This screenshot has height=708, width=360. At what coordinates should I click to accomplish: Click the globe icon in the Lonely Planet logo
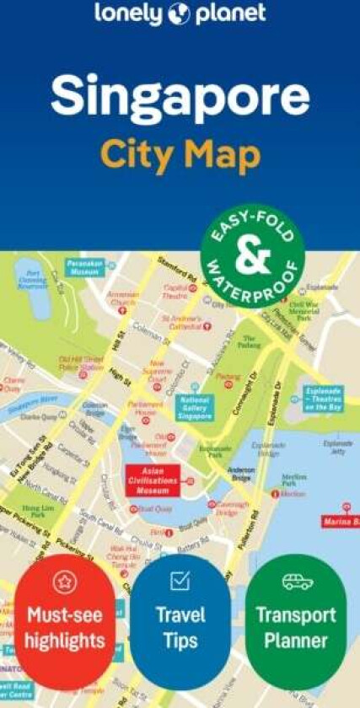(x=179, y=13)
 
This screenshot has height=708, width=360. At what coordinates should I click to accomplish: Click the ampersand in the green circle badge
(x=251, y=257)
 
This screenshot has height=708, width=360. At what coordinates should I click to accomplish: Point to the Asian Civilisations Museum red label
(x=155, y=478)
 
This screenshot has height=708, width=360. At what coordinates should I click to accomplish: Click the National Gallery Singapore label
(x=196, y=407)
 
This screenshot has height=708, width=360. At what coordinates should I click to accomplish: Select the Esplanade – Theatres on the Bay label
(x=323, y=398)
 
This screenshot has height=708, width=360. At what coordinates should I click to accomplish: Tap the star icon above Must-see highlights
(x=64, y=581)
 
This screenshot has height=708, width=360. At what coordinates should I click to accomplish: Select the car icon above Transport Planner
(x=296, y=581)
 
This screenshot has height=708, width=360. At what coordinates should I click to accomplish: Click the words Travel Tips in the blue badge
(x=180, y=627)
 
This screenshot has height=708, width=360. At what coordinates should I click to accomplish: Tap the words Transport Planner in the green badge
(x=296, y=627)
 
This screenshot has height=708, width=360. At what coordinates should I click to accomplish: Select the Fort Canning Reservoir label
(x=34, y=278)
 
